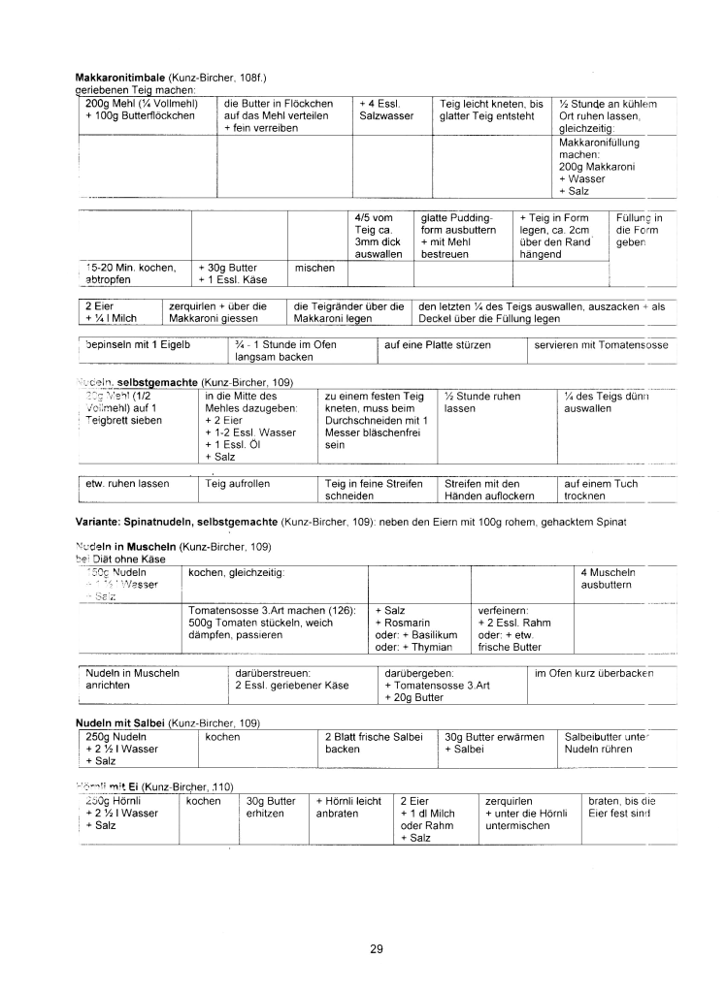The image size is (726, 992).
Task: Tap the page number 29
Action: (x=377, y=948)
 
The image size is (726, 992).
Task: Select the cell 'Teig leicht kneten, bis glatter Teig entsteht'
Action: (x=491, y=110)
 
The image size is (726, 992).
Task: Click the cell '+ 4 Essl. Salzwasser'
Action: (x=386, y=110)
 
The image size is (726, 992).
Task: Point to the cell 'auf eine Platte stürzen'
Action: (x=438, y=344)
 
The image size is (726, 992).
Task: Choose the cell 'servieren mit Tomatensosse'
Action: (x=601, y=344)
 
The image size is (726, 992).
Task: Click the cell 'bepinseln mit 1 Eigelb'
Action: (x=138, y=344)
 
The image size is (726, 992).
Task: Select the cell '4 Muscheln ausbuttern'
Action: (x=607, y=579)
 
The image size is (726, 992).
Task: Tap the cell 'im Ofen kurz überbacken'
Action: (x=594, y=673)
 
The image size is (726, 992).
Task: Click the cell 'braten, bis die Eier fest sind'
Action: (x=622, y=808)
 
